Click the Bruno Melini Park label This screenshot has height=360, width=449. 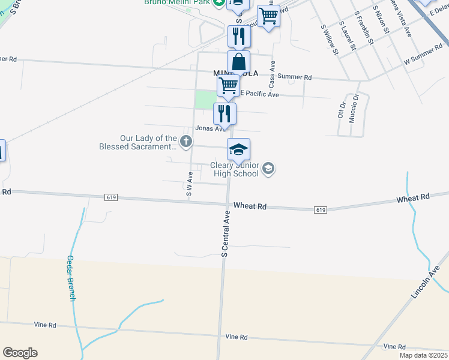pos(178,2)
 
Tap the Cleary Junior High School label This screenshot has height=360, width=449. pos(234,169)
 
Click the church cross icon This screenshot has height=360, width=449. pos(186,142)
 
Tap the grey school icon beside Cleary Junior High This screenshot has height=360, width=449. pos(268,169)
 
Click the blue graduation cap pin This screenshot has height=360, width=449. pos(238,149)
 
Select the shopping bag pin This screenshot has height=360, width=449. pos(238,62)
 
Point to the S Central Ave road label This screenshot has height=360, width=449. pos(226,234)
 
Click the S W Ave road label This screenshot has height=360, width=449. pos(189,185)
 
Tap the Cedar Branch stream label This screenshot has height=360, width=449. pos(70,279)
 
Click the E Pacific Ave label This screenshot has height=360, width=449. pos(259,95)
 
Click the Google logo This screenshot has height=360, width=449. pos(20,353)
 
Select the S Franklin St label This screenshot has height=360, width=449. pos(364,28)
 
